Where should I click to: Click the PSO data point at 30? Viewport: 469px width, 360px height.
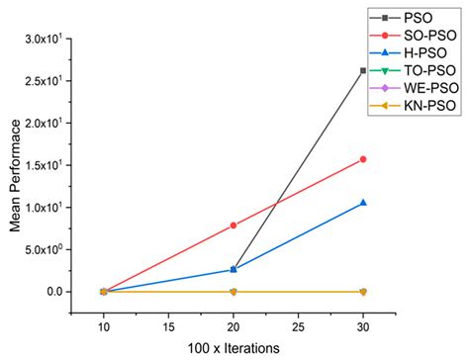(363, 70)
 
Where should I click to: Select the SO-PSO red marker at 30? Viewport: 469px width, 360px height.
(363, 159)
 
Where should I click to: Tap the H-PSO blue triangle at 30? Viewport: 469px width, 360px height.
(363, 203)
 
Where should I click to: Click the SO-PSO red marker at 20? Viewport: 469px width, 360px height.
(234, 225)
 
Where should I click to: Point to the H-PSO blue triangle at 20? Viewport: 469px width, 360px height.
(234, 269)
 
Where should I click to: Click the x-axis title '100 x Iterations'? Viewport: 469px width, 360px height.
(234, 349)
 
